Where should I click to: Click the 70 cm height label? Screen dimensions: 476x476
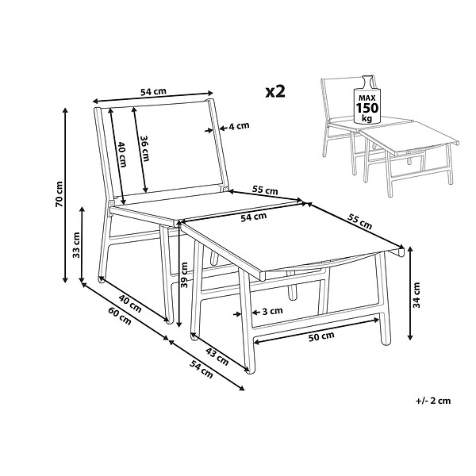(x=59, y=194)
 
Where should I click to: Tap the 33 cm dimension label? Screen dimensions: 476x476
(x=76, y=245)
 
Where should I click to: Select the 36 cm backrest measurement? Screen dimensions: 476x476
(x=144, y=148)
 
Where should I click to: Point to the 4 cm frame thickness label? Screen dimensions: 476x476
(x=239, y=125)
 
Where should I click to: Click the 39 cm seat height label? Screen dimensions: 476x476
(x=184, y=274)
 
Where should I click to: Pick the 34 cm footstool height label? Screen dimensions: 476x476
(x=416, y=295)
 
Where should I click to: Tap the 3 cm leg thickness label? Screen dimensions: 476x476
(x=272, y=311)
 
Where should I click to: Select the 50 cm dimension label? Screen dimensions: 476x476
(x=321, y=336)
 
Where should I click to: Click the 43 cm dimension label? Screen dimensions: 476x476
(x=217, y=356)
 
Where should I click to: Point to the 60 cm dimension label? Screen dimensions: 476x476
(x=120, y=316)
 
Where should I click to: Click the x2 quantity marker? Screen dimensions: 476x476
(x=275, y=91)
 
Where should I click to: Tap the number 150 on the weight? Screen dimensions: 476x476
(x=367, y=108)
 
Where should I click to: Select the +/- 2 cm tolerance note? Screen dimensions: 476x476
(x=433, y=401)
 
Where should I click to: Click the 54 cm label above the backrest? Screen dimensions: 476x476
(x=153, y=91)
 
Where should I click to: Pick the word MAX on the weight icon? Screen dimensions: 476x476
(x=367, y=98)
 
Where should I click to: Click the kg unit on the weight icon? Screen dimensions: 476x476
(x=367, y=118)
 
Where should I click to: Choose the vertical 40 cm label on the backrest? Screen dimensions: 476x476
(x=122, y=154)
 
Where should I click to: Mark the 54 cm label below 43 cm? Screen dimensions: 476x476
(x=201, y=369)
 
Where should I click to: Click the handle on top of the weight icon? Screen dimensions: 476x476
(x=367, y=82)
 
